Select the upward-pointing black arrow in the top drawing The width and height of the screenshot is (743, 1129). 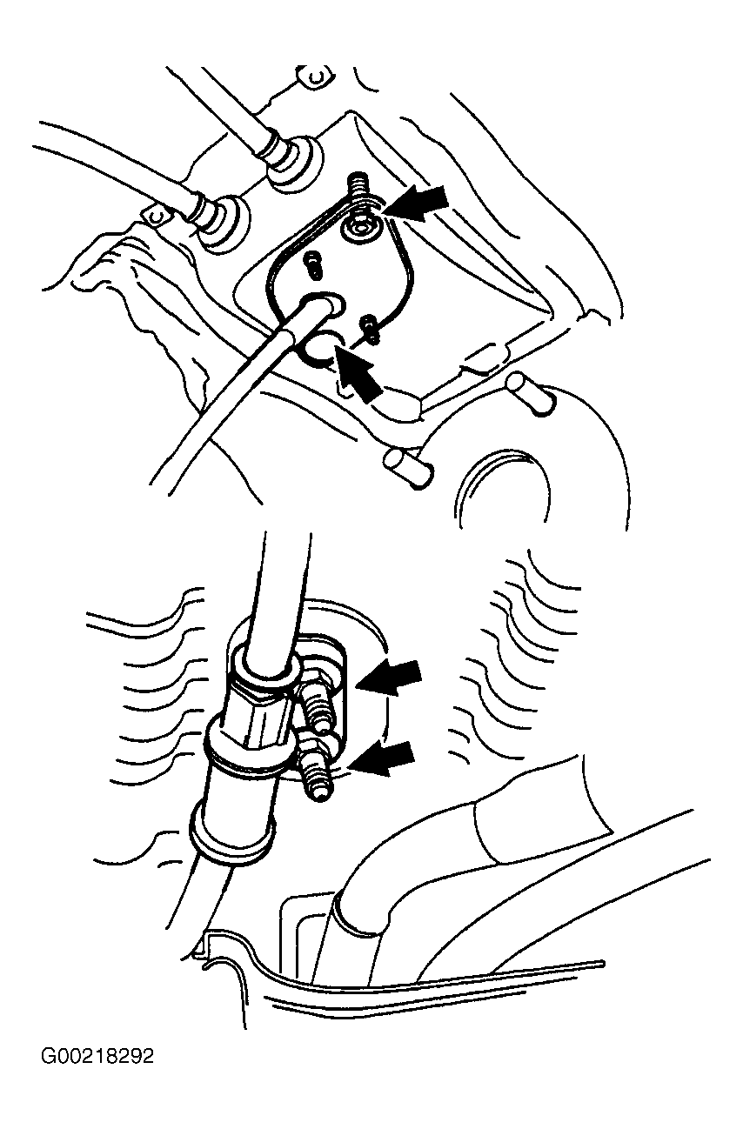click(358, 372)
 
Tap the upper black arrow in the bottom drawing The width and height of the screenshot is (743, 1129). click(388, 677)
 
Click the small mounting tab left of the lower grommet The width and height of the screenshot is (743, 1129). click(158, 217)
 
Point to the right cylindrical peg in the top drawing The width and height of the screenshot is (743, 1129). click(530, 394)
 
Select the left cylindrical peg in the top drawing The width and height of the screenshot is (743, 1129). click(407, 468)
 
